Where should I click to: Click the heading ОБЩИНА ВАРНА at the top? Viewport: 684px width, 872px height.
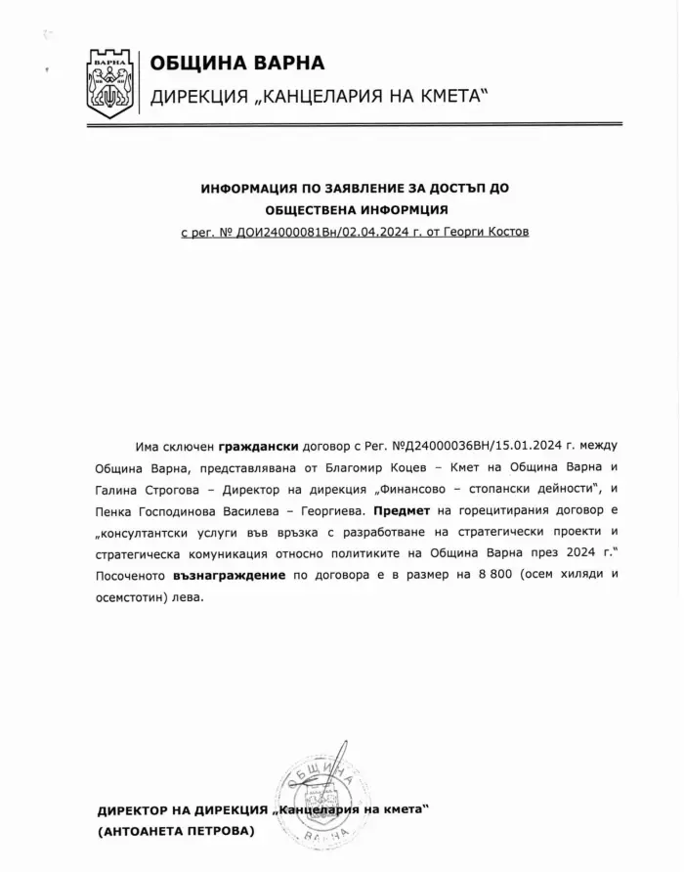pos(236,65)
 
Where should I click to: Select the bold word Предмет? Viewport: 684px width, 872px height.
pos(403,510)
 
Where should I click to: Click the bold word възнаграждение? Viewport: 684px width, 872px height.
pos(232,575)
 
